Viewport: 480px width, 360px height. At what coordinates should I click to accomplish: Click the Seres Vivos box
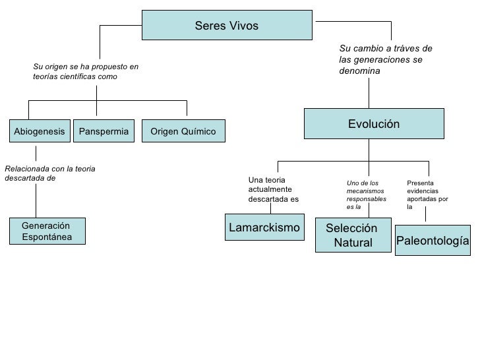[x=227, y=25]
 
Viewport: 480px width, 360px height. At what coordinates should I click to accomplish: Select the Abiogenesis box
[x=40, y=131]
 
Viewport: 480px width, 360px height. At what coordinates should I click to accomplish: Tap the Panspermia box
[x=104, y=131]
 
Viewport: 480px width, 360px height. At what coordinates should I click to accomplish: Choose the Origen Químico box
[x=183, y=131]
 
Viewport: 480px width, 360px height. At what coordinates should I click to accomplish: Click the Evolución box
[x=374, y=124]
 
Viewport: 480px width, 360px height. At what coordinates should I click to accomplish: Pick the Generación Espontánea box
[x=47, y=231]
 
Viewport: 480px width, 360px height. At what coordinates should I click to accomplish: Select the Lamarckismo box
[x=264, y=228]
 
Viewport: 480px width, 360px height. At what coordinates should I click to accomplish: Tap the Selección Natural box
[x=353, y=235]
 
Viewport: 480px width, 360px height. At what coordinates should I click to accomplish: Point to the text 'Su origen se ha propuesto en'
[x=86, y=67]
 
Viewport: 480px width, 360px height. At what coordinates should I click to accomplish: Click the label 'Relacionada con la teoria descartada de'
[x=49, y=173]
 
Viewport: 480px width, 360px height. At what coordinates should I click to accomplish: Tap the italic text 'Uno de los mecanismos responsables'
[x=366, y=191]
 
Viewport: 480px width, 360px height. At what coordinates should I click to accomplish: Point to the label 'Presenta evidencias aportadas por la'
[x=427, y=195]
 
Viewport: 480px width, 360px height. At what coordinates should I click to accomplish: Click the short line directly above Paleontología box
[x=425, y=216]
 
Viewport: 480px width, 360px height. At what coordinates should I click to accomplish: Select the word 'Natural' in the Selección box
[x=353, y=243]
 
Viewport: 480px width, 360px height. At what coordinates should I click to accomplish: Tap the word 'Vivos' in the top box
[x=245, y=26]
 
